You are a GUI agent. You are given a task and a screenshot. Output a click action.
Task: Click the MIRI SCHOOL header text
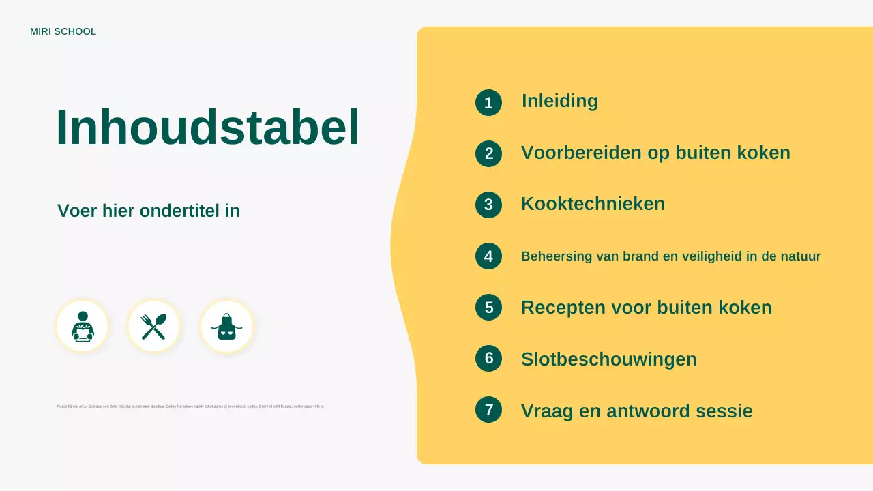point(63,32)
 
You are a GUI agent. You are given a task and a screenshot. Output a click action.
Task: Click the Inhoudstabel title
point(207,128)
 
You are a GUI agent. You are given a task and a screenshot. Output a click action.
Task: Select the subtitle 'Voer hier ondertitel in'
point(149,211)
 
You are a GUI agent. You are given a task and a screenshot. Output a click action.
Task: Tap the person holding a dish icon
point(83,327)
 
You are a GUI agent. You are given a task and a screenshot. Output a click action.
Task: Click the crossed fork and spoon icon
point(154,327)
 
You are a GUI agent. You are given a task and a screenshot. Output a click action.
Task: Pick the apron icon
point(226,327)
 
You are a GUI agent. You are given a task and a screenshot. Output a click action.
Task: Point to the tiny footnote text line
point(190,406)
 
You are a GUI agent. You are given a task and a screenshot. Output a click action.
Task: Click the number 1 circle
point(488,103)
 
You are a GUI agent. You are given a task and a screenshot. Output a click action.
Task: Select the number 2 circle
point(488,153)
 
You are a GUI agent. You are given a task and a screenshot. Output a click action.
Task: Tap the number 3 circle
point(488,205)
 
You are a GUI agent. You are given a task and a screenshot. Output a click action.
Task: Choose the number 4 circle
point(488,256)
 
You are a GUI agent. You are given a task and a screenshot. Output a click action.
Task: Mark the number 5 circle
point(488,308)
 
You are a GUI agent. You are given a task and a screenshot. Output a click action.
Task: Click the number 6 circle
point(488,359)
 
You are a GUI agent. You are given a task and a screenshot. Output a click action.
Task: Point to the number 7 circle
point(488,410)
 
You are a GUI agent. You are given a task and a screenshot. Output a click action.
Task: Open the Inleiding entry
point(559,101)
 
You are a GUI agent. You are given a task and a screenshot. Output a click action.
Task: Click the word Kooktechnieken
point(593,204)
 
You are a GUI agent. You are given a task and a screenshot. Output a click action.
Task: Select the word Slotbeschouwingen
point(608,359)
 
